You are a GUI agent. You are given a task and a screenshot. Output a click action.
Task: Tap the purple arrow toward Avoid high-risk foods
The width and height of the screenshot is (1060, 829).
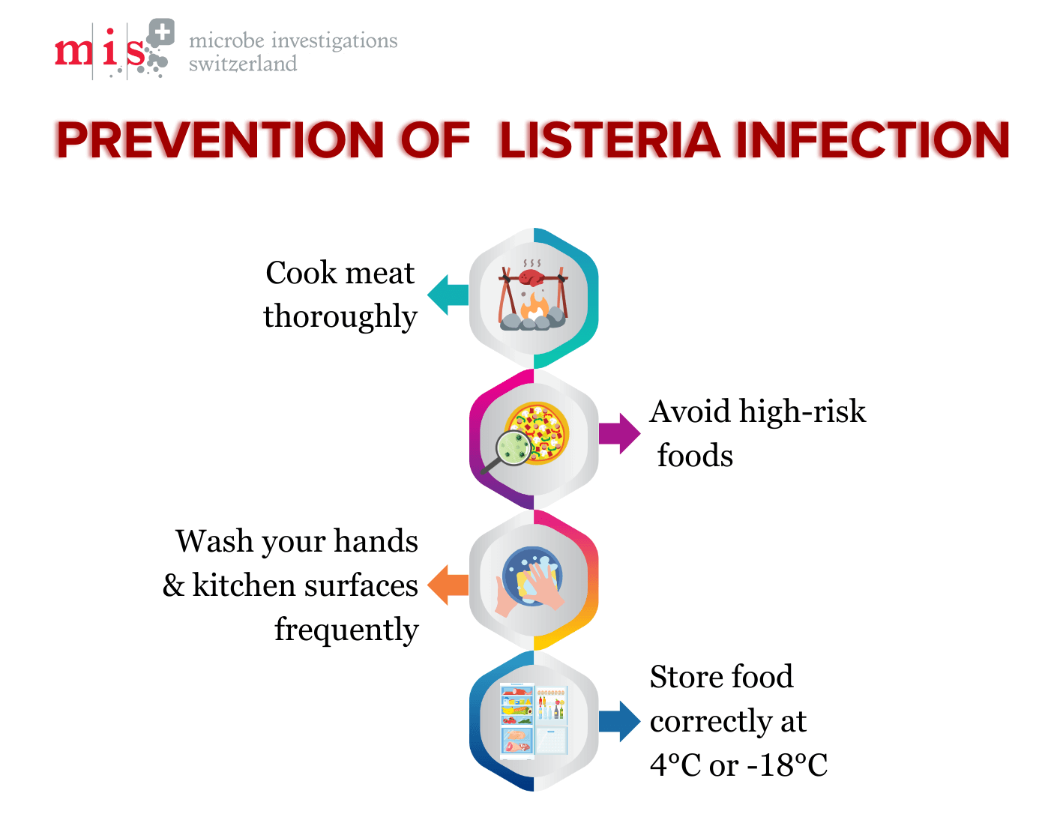point(620,433)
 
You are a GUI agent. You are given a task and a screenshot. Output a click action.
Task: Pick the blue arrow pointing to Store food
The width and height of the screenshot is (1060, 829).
point(620,721)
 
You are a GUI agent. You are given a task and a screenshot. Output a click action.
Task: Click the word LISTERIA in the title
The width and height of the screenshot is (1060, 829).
point(609,140)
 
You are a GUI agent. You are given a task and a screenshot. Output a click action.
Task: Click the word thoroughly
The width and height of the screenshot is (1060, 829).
point(340,317)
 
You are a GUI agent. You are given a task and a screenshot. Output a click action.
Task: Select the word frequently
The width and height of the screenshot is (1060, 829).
point(346,630)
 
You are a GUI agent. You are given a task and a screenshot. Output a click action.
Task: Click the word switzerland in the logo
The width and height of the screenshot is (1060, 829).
point(243,64)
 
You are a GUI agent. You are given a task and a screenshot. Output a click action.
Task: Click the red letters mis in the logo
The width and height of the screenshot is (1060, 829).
point(100,51)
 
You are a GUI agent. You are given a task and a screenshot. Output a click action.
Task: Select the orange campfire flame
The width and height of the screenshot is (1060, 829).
point(535,306)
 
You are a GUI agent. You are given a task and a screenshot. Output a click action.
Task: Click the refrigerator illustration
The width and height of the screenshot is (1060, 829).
point(534,720)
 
